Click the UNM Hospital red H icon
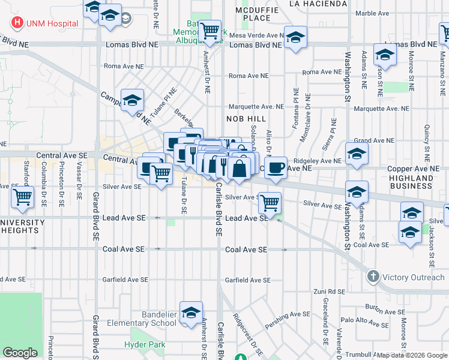pos(17,23)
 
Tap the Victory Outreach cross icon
pos(373,277)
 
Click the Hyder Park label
pos(145,344)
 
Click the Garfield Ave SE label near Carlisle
pos(248,280)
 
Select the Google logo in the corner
pos(20,353)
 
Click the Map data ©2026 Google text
pos(411,355)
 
